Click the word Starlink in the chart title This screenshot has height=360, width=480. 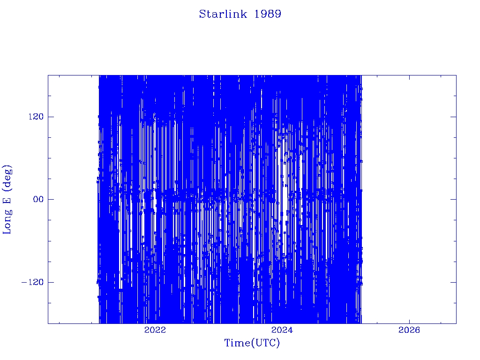point(223,14)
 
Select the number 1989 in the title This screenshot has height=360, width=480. point(268,14)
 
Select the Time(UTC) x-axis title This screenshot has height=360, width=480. point(252,343)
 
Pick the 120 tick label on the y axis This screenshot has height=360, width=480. point(36,117)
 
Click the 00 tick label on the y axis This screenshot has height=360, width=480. point(38,199)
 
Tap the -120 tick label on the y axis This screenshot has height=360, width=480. point(32,282)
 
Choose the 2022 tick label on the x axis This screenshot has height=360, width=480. point(155,330)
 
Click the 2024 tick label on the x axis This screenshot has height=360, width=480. point(282,330)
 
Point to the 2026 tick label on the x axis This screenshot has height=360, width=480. point(409,330)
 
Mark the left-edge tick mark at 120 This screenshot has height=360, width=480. point(51,117)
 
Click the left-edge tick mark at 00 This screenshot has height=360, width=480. point(51,199)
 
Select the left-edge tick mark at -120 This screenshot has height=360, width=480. point(51,282)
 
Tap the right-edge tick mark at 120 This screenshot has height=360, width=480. point(453,117)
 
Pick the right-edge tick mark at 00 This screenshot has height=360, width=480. point(453,199)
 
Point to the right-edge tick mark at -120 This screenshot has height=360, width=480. point(453,282)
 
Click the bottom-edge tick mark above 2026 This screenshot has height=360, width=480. point(410,321)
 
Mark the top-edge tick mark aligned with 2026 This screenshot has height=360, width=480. point(410,78)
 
